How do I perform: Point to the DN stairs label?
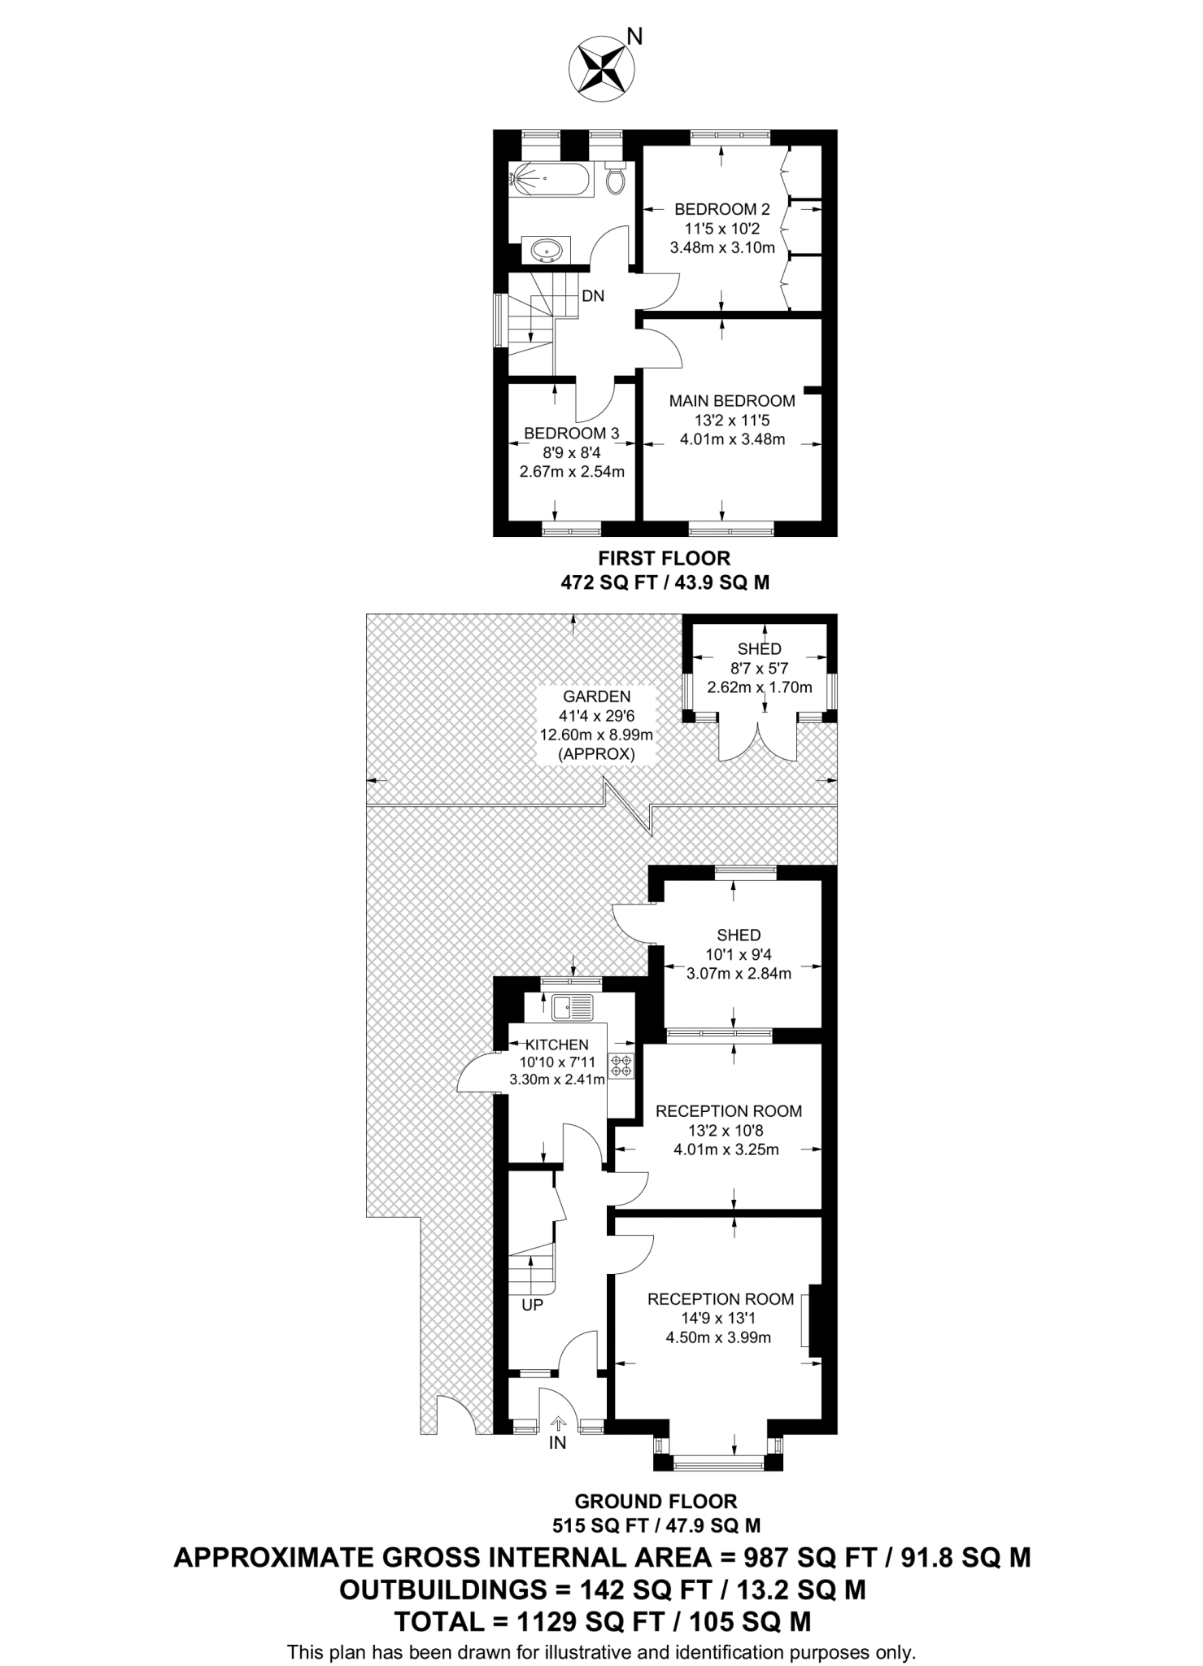coord(593,296)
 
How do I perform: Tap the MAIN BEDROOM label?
coord(731,401)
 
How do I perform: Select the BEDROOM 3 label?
coord(571,434)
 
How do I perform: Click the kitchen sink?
coord(572,1008)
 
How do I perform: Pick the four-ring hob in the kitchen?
coord(622,1066)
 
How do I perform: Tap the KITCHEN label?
coord(557,1045)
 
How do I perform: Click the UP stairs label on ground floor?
coord(532,1305)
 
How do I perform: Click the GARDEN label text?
coord(596,696)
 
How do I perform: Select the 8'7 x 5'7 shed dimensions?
coord(759,668)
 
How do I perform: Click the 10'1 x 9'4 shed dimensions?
coord(738,954)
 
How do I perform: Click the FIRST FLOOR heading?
coord(664,559)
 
